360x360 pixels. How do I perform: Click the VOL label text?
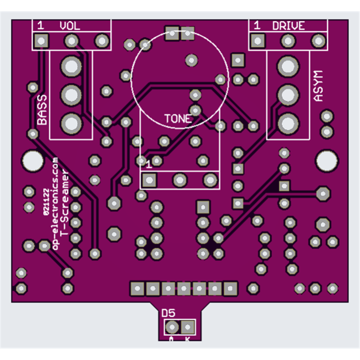click(70, 26)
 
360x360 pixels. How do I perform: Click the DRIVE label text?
click(288, 26)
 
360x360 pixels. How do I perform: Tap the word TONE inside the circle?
click(178, 119)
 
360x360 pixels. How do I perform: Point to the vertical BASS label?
click(42, 110)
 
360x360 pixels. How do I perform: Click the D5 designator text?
click(168, 313)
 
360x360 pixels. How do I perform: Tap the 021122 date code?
click(47, 202)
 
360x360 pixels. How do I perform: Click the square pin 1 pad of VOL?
click(41, 41)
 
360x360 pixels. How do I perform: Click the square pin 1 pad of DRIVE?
click(257, 41)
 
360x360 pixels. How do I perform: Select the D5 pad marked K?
click(188, 326)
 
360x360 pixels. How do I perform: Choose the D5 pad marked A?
click(171, 326)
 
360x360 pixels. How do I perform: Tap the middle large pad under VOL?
click(70, 94)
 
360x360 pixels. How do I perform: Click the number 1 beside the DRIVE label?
click(257, 26)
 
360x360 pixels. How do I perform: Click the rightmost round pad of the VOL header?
click(101, 41)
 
